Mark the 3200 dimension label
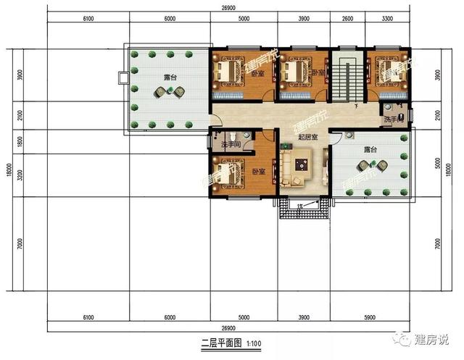pyautogui.click(x=20, y=174)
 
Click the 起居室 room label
pyautogui.click(x=306, y=137)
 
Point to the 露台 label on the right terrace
pyautogui.click(x=370, y=148)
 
